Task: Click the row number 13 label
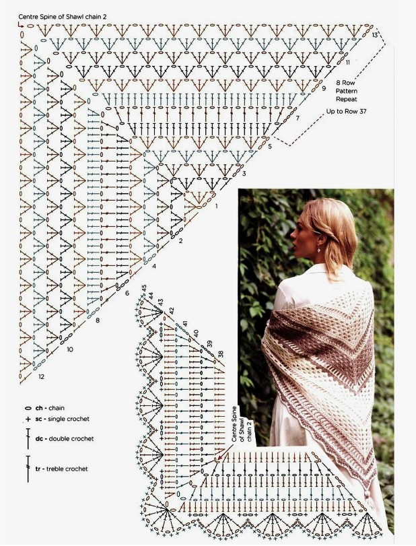375,35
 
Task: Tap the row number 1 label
216,206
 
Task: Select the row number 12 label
42,377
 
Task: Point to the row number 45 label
144,289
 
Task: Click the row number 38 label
220,355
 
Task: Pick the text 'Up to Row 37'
347,112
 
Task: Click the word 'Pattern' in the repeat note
347,91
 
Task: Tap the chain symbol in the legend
28,408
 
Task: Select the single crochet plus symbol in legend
28,419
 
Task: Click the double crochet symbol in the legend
28,439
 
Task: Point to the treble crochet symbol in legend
28,469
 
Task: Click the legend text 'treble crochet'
67,469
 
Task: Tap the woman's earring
318,250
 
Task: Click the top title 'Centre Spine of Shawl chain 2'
63,16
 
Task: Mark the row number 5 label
270,147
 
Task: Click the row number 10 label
70,349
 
